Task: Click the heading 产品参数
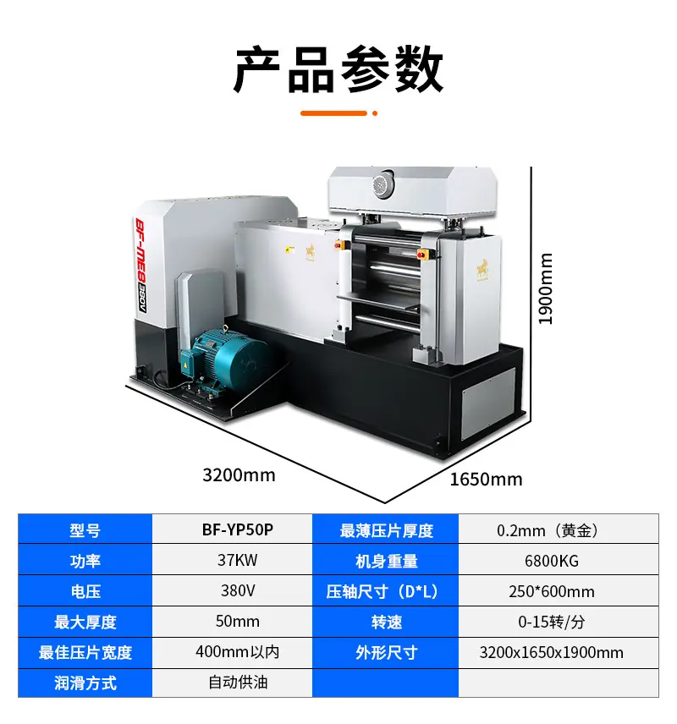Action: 338,70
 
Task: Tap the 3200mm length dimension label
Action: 239,475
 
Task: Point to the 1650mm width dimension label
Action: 486,480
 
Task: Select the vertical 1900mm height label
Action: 546,288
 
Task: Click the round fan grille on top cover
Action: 383,184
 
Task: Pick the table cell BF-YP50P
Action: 238,529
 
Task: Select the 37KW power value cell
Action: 238,560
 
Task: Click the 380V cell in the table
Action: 238,590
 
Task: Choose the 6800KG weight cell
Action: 551,561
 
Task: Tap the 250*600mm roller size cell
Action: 551,591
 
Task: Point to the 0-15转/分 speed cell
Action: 551,622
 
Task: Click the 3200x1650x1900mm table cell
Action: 551,652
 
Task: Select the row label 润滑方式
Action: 85,683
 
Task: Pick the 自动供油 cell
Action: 238,683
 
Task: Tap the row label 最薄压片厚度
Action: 387,530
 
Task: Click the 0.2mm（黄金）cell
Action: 551,530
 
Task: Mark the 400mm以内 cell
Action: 238,652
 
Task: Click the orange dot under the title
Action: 375,113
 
